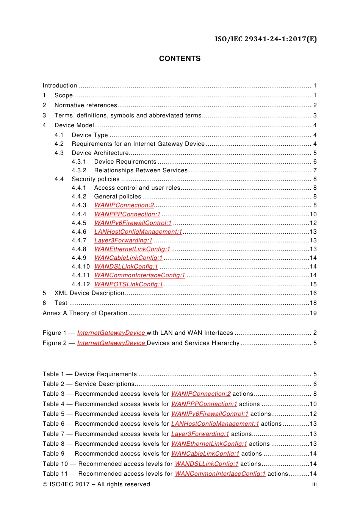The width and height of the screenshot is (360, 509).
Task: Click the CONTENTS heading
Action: tap(180, 59)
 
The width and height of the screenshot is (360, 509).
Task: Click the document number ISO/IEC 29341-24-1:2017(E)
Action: tap(266, 39)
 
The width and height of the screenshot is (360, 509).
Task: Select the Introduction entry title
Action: tap(60, 86)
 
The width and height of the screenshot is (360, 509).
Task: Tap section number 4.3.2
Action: tap(79, 170)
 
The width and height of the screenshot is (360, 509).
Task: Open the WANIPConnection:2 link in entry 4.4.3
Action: tap(124, 205)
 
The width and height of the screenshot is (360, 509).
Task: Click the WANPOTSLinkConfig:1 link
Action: tap(128, 284)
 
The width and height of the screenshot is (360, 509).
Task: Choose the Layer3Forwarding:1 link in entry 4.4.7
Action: tap(123, 240)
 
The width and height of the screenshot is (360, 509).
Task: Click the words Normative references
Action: tap(86, 105)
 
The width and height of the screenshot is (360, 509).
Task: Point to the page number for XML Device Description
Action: tap(313, 293)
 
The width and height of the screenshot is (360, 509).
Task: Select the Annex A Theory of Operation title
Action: tap(85, 313)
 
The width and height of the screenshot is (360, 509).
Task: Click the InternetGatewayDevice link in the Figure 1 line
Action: tap(111, 333)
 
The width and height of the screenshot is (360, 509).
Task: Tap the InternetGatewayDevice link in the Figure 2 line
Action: tap(111, 343)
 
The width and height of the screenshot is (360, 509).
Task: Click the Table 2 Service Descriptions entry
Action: tap(89, 384)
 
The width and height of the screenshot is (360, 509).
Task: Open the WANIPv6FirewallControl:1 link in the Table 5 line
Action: tap(210, 414)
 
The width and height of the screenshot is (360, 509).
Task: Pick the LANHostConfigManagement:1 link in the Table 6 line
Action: tap(215, 424)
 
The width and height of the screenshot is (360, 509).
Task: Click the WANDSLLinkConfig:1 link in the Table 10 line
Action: tap(207, 464)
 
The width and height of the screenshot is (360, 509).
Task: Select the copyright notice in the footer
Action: tap(96, 484)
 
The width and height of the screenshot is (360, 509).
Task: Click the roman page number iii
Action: tap(314, 484)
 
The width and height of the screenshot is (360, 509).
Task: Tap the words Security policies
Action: tap(95, 179)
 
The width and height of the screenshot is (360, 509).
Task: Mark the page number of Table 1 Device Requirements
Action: tap(315, 374)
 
